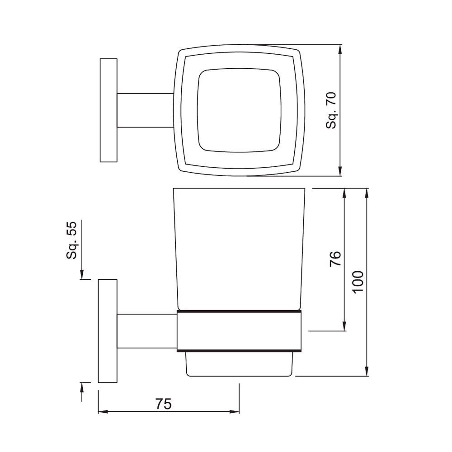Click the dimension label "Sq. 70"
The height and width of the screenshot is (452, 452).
pyautogui.click(x=332, y=110)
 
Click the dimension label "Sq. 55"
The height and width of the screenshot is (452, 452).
pyautogui.click(x=72, y=240)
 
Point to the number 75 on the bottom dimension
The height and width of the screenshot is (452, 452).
pyautogui.click(x=164, y=404)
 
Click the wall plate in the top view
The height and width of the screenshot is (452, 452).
pyautogui.click(x=108, y=110)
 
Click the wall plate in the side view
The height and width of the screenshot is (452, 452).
pyautogui.click(x=108, y=331)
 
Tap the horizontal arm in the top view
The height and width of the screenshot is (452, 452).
pyautogui.click(x=146, y=110)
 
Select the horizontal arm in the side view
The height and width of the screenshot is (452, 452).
pyautogui.click(x=147, y=331)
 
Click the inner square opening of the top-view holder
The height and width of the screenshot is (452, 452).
pyautogui.click(x=238, y=110)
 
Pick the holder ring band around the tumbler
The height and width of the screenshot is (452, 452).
pyautogui.click(x=238, y=331)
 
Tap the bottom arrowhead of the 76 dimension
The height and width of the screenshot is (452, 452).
pyautogui.click(x=345, y=326)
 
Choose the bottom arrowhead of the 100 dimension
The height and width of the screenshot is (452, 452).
pyautogui.click(x=367, y=371)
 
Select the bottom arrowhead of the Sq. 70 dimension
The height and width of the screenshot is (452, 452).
pyautogui.click(x=340, y=171)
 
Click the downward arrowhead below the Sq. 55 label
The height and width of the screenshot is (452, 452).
pyautogui.click(x=82, y=275)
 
